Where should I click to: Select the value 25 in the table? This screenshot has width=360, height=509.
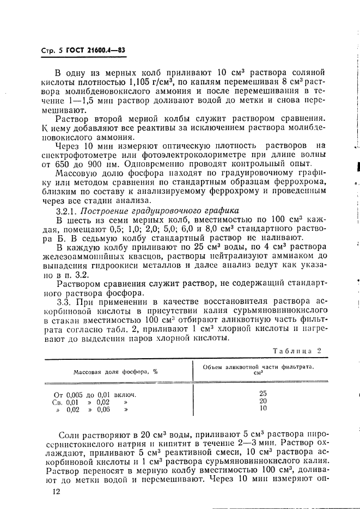click(263, 393)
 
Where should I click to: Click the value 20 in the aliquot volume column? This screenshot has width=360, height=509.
click(263, 401)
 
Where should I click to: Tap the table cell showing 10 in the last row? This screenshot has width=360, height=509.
click(263, 408)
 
